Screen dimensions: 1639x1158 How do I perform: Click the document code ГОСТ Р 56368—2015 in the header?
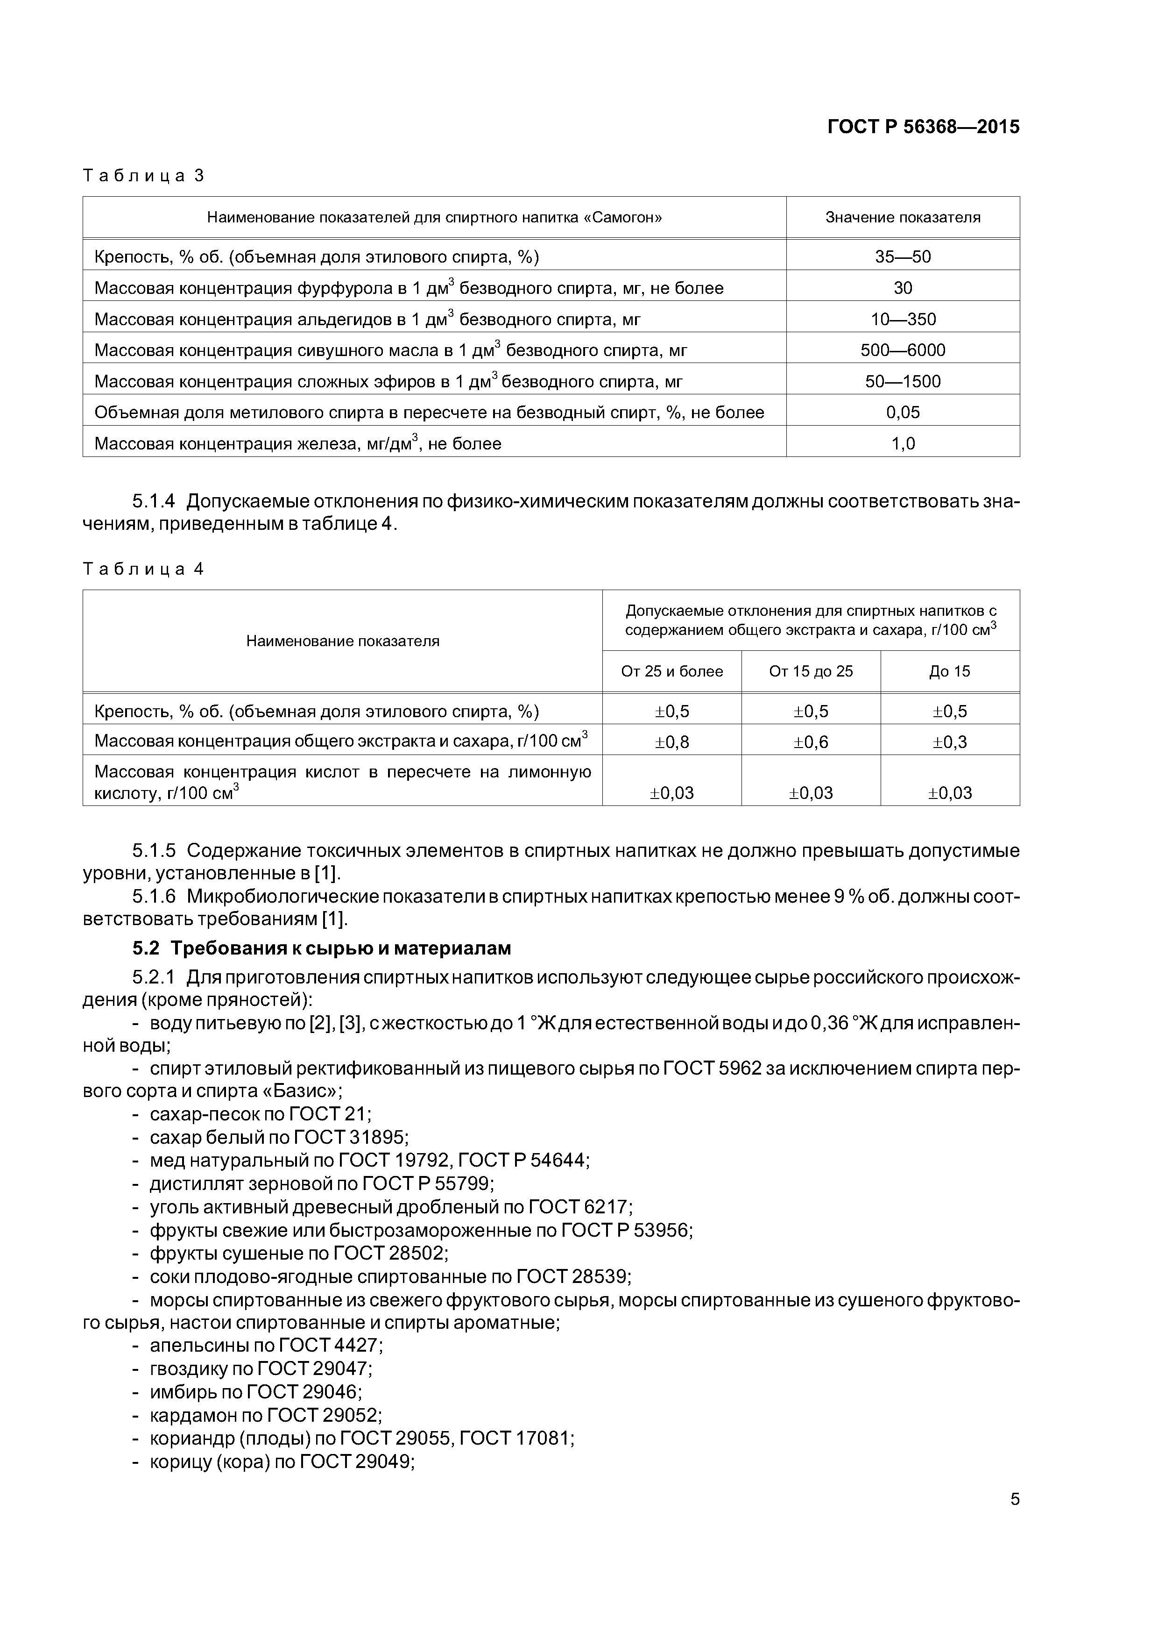coord(923,127)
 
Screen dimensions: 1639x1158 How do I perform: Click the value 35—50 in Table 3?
coord(903,257)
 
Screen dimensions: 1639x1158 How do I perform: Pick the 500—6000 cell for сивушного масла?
coord(903,350)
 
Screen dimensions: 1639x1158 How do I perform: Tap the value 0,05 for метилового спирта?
coord(903,413)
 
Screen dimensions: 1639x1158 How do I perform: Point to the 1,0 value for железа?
coord(903,444)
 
